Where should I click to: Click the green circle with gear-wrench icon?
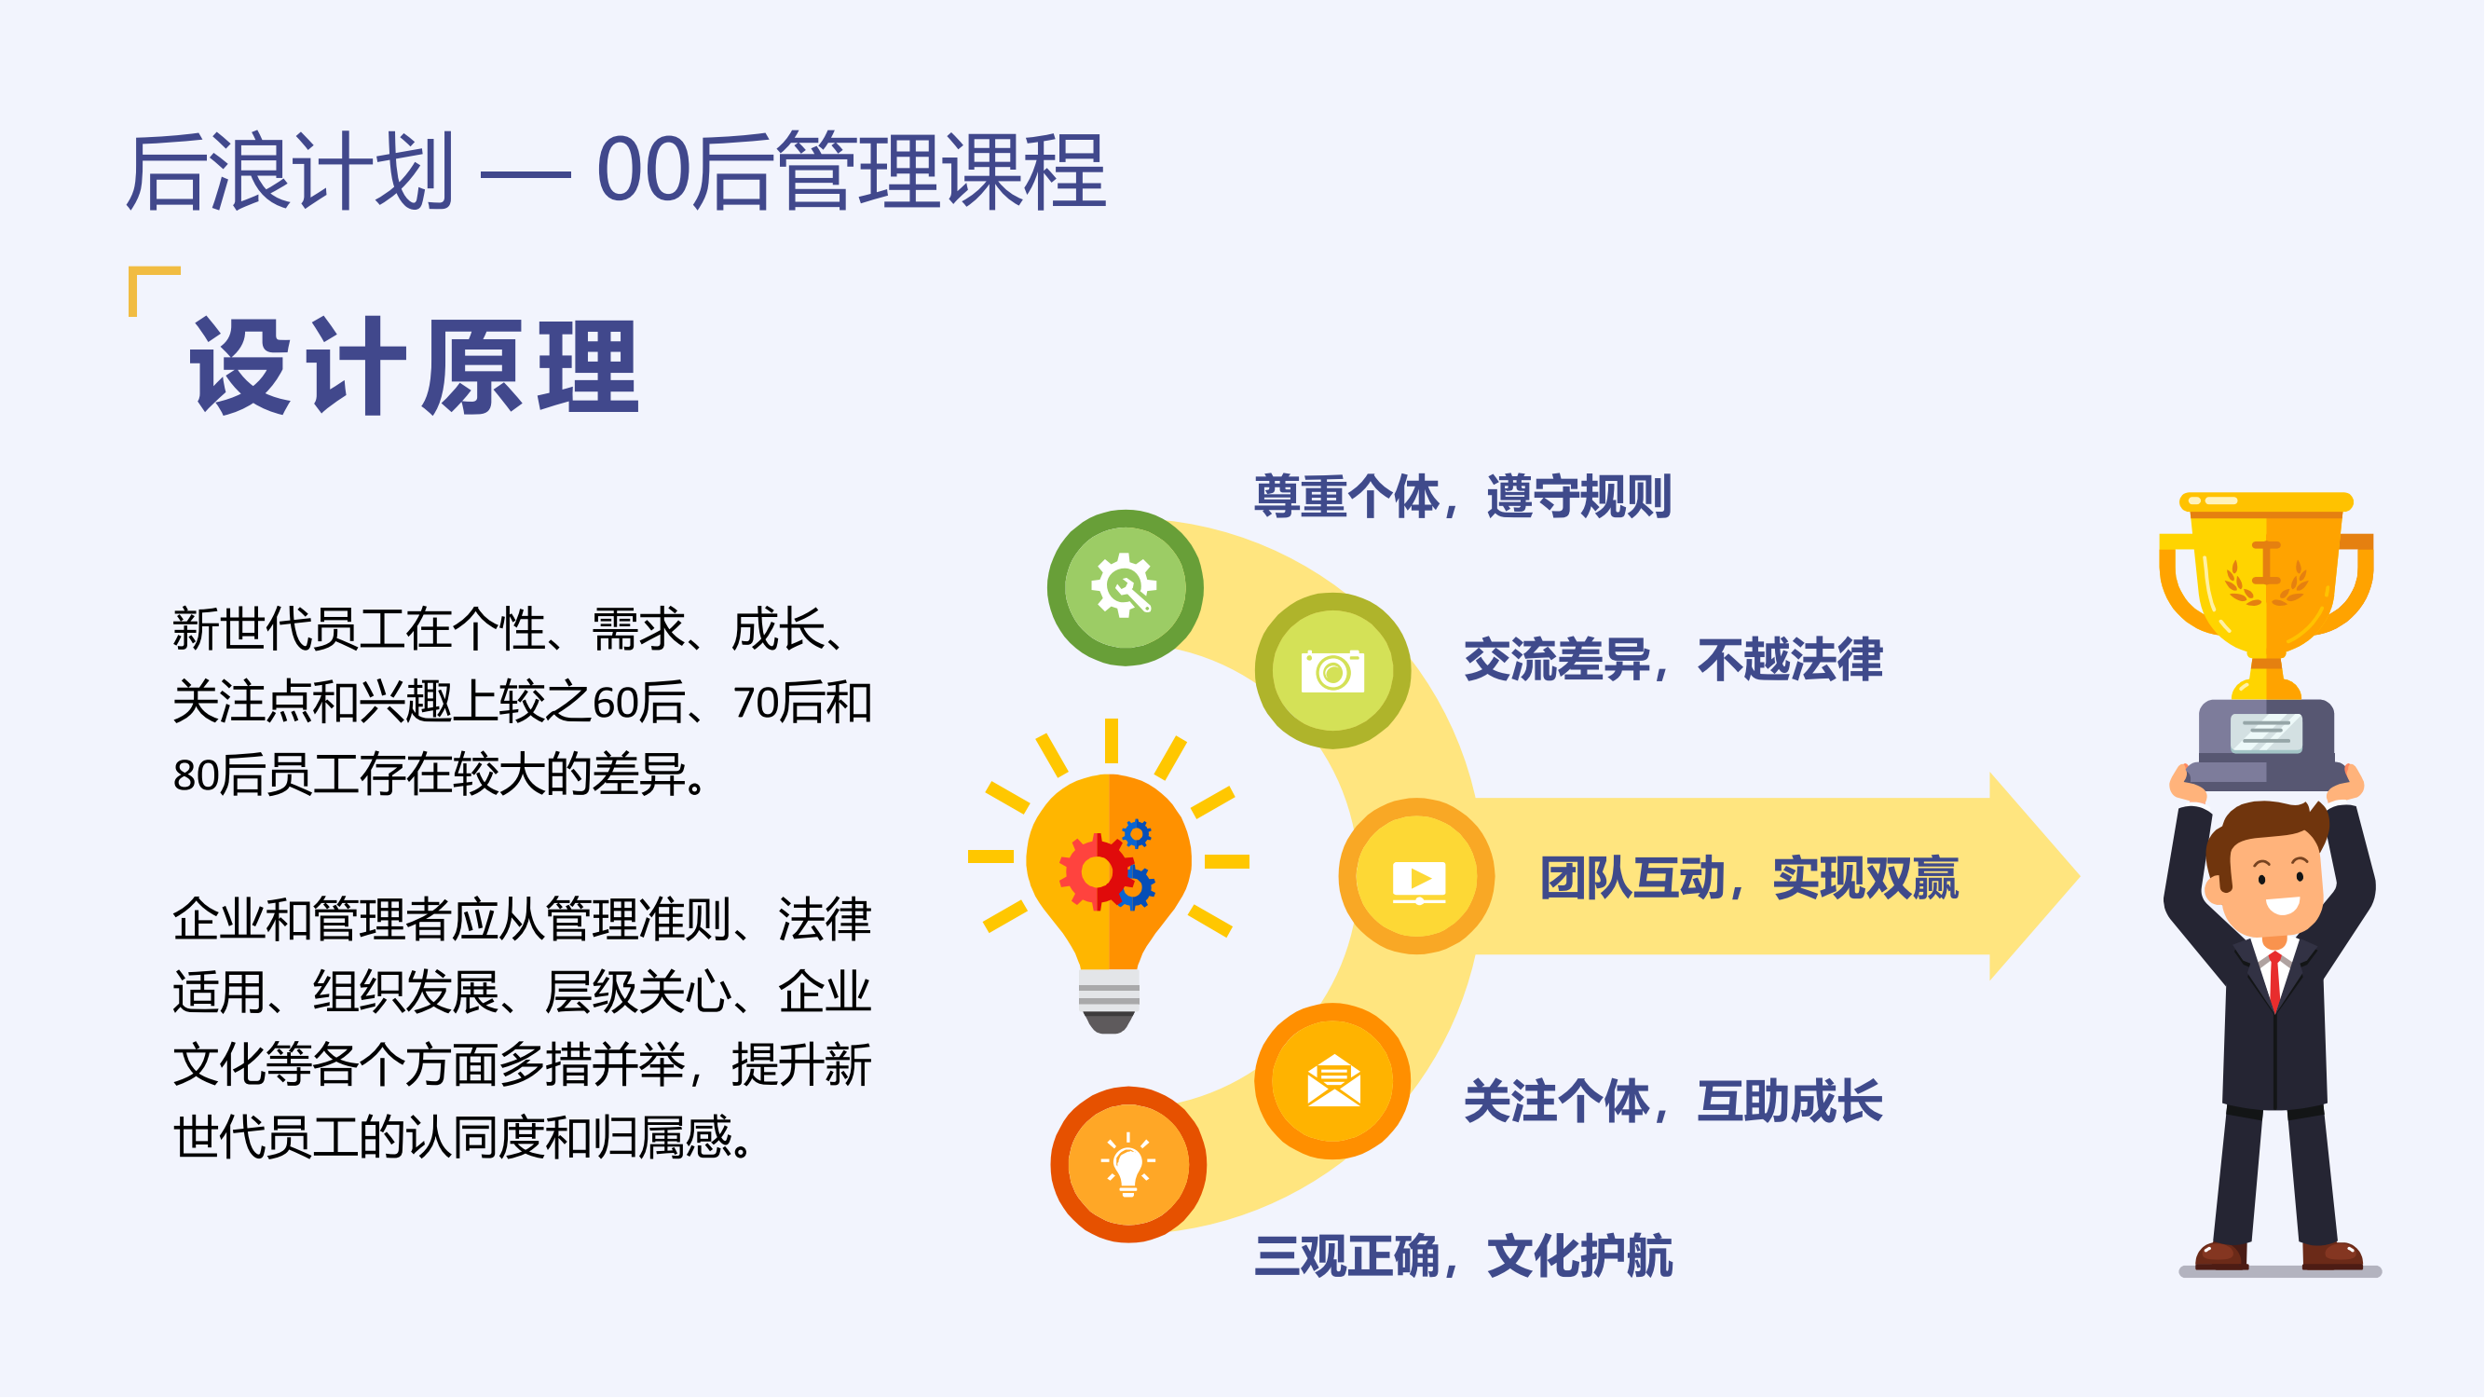pyautogui.click(x=1125, y=586)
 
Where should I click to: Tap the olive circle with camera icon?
pyautogui.click(x=1332, y=671)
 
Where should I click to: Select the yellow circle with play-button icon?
pyautogui.click(x=1416, y=877)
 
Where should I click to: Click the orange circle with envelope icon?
pyautogui.click(x=1332, y=1081)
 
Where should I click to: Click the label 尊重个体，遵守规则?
pyautogui.click(x=1462, y=498)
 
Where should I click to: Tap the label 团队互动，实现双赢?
pyautogui.click(x=1748, y=879)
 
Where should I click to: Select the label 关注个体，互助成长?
pyautogui.click(x=1673, y=1102)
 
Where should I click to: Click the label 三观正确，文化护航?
pyautogui.click(x=1463, y=1257)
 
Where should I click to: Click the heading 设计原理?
pyautogui.click(x=415, y=366)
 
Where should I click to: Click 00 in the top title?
pyautogui.click(x=644, y=171)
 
